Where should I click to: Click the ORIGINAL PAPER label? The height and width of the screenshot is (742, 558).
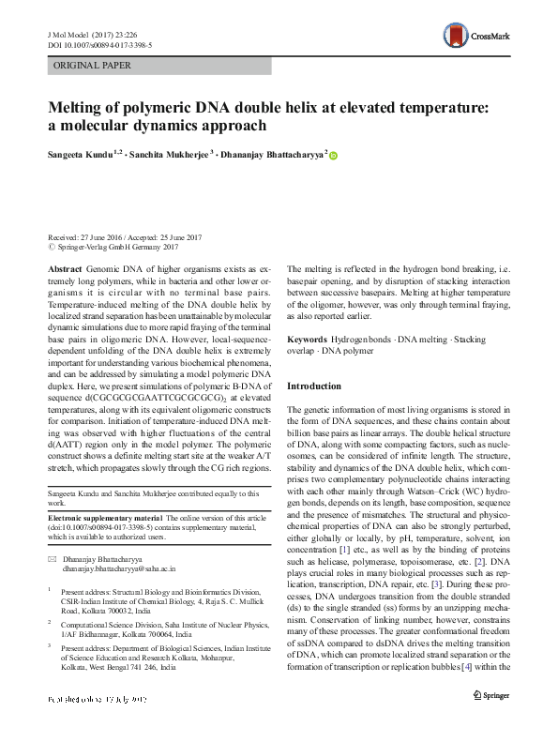click(x=92, y=66)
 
